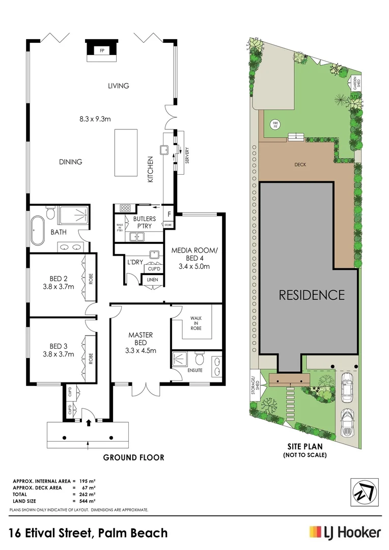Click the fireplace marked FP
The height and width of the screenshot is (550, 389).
point(102,51)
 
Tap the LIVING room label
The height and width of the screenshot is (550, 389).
point(118,86)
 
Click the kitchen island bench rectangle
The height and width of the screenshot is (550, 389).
point(126,152)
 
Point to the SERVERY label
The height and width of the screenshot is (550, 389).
point(187,153)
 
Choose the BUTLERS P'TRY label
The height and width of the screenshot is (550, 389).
point(145,223)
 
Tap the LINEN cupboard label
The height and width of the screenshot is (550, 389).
point(152,280)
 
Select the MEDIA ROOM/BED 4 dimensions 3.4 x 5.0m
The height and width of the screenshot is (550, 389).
point(191,266)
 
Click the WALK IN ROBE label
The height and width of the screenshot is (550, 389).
point(196,323)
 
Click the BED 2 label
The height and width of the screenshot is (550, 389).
point(59,278)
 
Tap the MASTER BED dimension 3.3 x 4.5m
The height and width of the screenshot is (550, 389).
point(141,350)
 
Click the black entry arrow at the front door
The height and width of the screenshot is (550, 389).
point(89,422)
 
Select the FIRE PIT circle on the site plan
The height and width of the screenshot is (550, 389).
point(275,124)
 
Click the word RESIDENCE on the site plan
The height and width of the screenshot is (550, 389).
point(311,295)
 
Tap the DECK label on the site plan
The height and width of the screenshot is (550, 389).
point(299,164)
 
